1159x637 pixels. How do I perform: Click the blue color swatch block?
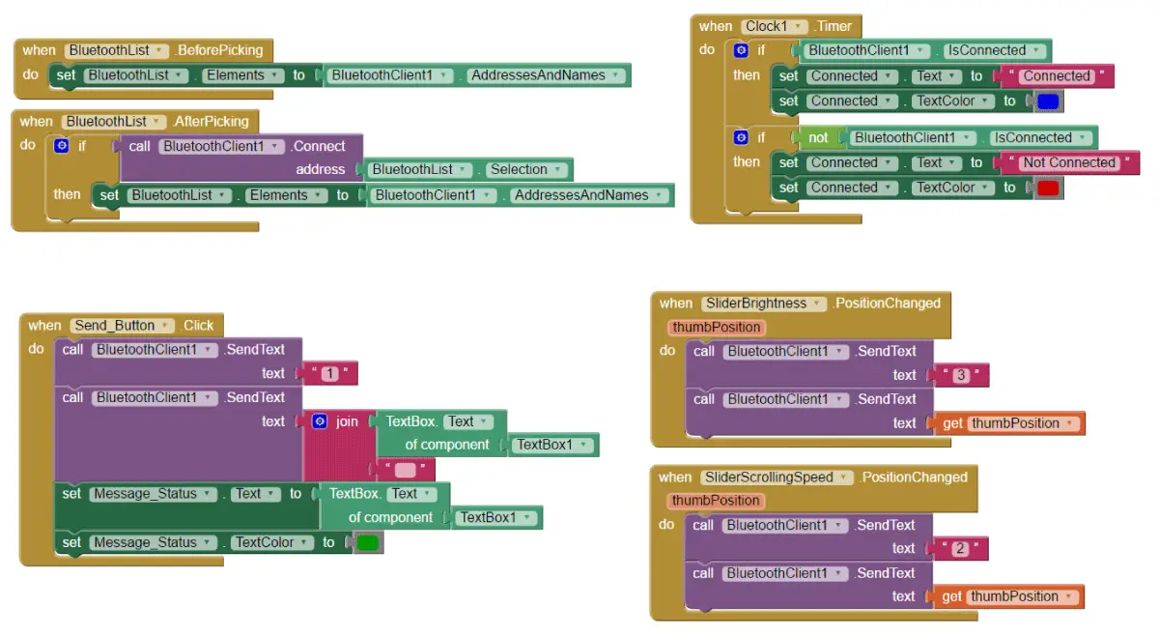click(1048, 101)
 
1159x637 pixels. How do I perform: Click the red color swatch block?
click(1048, 188)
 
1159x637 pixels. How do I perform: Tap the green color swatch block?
click(368, 543)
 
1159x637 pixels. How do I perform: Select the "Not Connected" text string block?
click(1069, 162)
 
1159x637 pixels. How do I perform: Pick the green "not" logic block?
click(818, 138)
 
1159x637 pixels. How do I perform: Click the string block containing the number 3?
click(961, 375)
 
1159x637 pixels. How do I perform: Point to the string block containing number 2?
click(960, 549)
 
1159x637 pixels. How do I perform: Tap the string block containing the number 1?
click(330, 373)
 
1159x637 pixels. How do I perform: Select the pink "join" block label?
click(347, 421)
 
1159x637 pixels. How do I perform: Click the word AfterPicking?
click(212, 122)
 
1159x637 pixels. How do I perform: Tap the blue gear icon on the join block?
click(321, 421)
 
